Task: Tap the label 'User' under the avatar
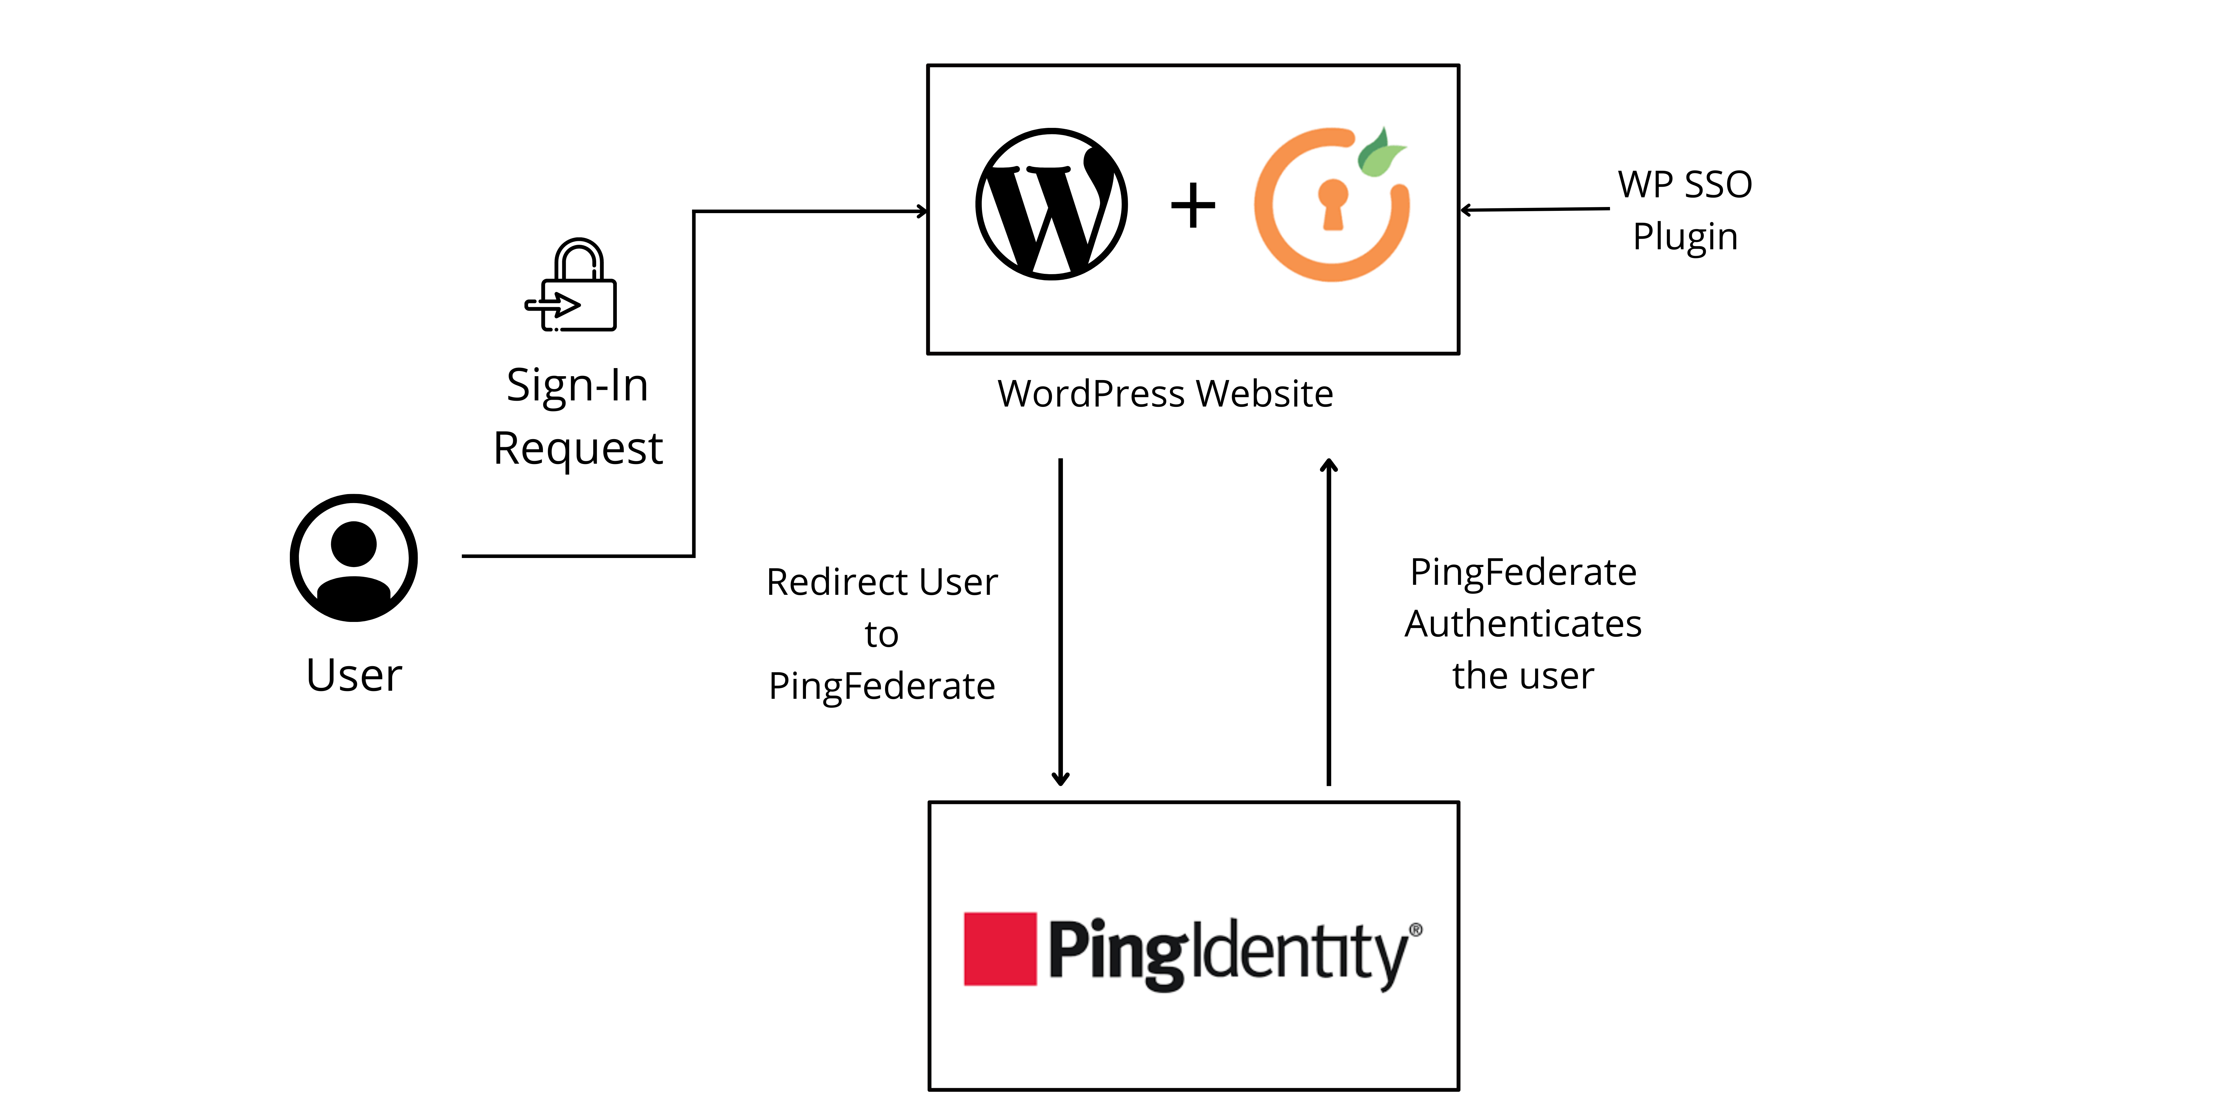tap(353, 675)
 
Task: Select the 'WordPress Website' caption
tap(1165, 394)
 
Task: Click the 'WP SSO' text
tap(1685, 185)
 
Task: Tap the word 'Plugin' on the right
tap(1685, 237)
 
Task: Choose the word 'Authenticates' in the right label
tap(1523, 624)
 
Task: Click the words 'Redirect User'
tap(882, 582)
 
